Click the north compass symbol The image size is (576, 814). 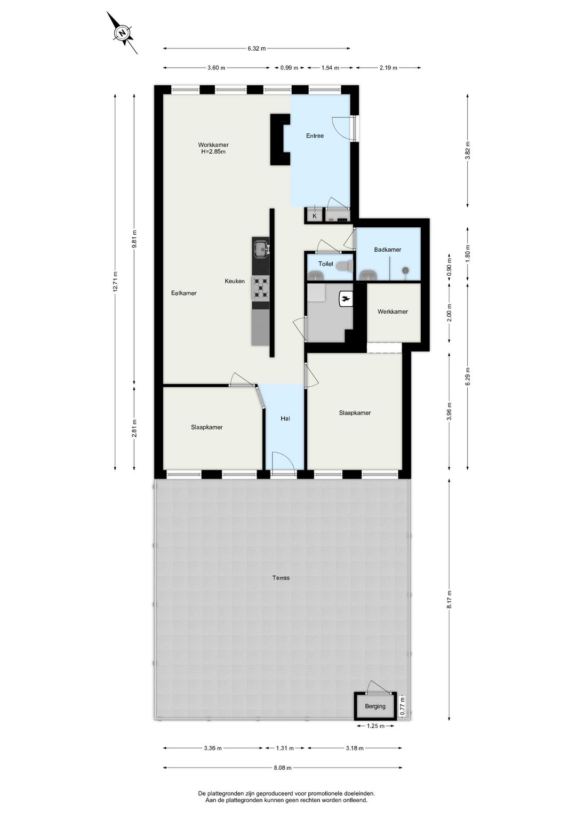[x=122, y=33]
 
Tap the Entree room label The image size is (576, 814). [x=315, y=136]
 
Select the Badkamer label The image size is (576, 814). [x=388, y=250]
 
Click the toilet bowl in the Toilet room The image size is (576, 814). [x=346, y=265]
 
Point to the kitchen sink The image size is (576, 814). [x=261, y=249]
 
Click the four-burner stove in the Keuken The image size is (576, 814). [x=261, y=288]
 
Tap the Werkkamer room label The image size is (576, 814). [x=393, y=312]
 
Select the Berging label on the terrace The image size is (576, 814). [x=375, y=706]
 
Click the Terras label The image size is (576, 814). [x=281, y=578]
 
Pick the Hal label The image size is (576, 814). [x=285, y=419]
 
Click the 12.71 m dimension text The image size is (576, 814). [x=115, y=282]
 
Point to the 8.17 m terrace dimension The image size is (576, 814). [x=450, y=600]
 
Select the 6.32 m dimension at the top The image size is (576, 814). [x=257, y=49]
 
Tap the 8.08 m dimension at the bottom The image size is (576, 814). [x=283, y=768]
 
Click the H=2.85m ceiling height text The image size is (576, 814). [x=213, y=151]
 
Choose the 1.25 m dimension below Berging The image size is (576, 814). [x=376, y=726]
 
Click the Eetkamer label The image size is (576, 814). [x=184, y=293]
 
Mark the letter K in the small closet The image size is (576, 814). [x=315, y=216]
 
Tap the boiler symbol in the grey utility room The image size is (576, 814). [x=345, y=300]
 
